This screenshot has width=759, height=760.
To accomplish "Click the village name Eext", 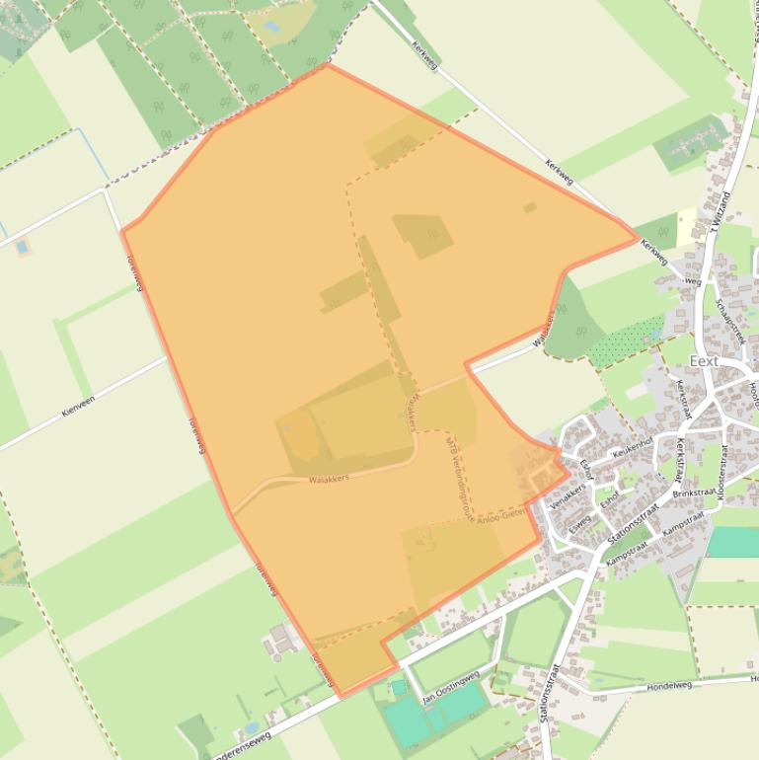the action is (704, 361).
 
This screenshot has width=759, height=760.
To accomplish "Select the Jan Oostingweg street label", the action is (451, 685).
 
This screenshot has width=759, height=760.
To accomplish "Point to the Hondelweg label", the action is (670, 685).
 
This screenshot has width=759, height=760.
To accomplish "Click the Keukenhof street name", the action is (634, 447).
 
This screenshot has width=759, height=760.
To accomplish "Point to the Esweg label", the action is (579, 521).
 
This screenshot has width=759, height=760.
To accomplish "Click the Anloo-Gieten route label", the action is (502, 516).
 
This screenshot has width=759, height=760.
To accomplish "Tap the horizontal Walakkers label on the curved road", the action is (330, 479).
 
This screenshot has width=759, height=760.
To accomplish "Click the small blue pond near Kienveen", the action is (22, 247).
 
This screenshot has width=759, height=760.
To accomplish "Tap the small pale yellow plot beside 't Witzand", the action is (686, 227).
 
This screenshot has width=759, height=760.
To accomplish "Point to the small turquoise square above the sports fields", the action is (398, 686).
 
